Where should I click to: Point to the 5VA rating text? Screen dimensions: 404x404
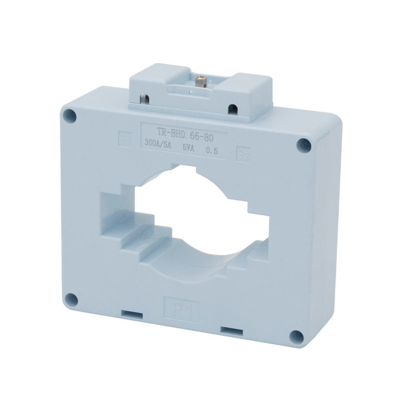tap(188, 147)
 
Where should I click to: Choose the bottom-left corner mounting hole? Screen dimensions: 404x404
tap(72, 299)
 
